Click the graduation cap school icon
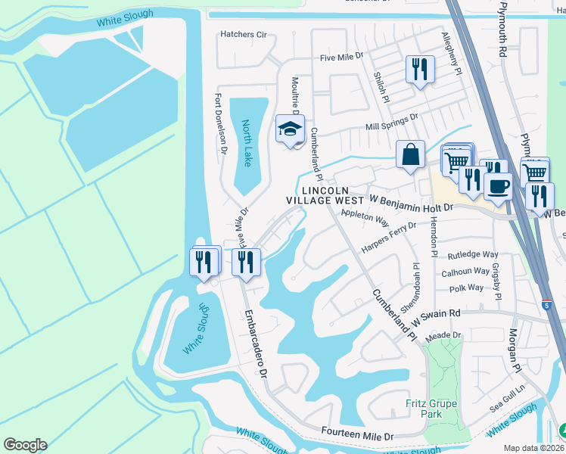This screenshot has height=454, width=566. coord(289,130)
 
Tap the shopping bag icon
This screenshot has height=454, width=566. coord(410,154)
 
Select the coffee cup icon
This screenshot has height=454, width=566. coord(498,186)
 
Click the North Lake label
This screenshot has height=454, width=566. coord(247,144)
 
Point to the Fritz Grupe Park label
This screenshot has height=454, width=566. coord(431,409)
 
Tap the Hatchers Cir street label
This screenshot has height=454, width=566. coord(244,34)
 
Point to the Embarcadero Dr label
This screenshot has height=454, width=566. coord(254,343)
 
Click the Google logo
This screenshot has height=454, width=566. coord(25,444)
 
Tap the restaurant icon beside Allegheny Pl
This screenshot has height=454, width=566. coord(418,70)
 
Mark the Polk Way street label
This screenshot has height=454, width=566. coord(465,288)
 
